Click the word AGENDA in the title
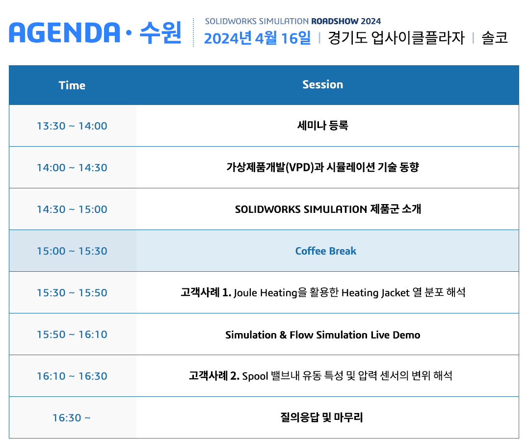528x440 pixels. pyautogui.click(x=64, y=33)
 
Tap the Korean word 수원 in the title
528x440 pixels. pyautogui.click(x=160, y=33)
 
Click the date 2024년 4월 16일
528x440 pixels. pyautogui.click(x=258, y=38)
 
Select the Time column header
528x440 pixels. pyautogui.click(x=72, y=85)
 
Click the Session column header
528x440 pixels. pyautogui.click(x=322, y=84)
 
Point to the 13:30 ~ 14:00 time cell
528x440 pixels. pyautogui.click(x=72, y=126)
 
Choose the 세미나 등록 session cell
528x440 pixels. pyautogui.click(x=322, y=126)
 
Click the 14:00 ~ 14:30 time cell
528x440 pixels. pyautogui.click(x=72, y=168)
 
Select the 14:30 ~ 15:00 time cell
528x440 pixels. pyautogui.click(x=72, y=209)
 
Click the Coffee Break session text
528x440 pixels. pyautogui.click(x=326, y=251)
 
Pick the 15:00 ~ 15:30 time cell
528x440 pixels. pyautogui.click(x=72, y=251)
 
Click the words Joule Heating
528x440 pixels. pyautogui.click(x=265, y=293)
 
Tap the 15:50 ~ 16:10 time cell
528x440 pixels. pyautogui.click(x=72, y=335)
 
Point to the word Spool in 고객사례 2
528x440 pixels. pyautogui.click(x=255, y=376)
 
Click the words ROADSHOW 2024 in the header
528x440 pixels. pyautogui.click(x=346, y=21)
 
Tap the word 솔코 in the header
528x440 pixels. pyautogui.click(x=495, y=38)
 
